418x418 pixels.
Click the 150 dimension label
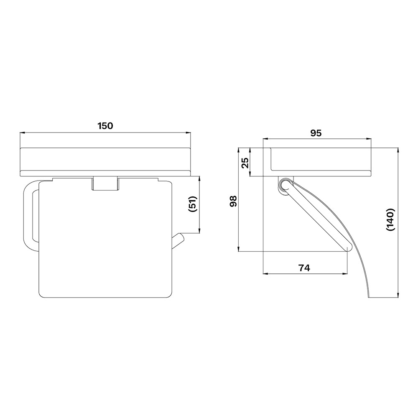[105, 126]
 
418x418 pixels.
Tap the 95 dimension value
[316, 133]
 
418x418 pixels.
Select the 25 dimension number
[245, 162]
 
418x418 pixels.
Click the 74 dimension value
[304, 268]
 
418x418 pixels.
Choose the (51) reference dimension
[192, 204]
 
